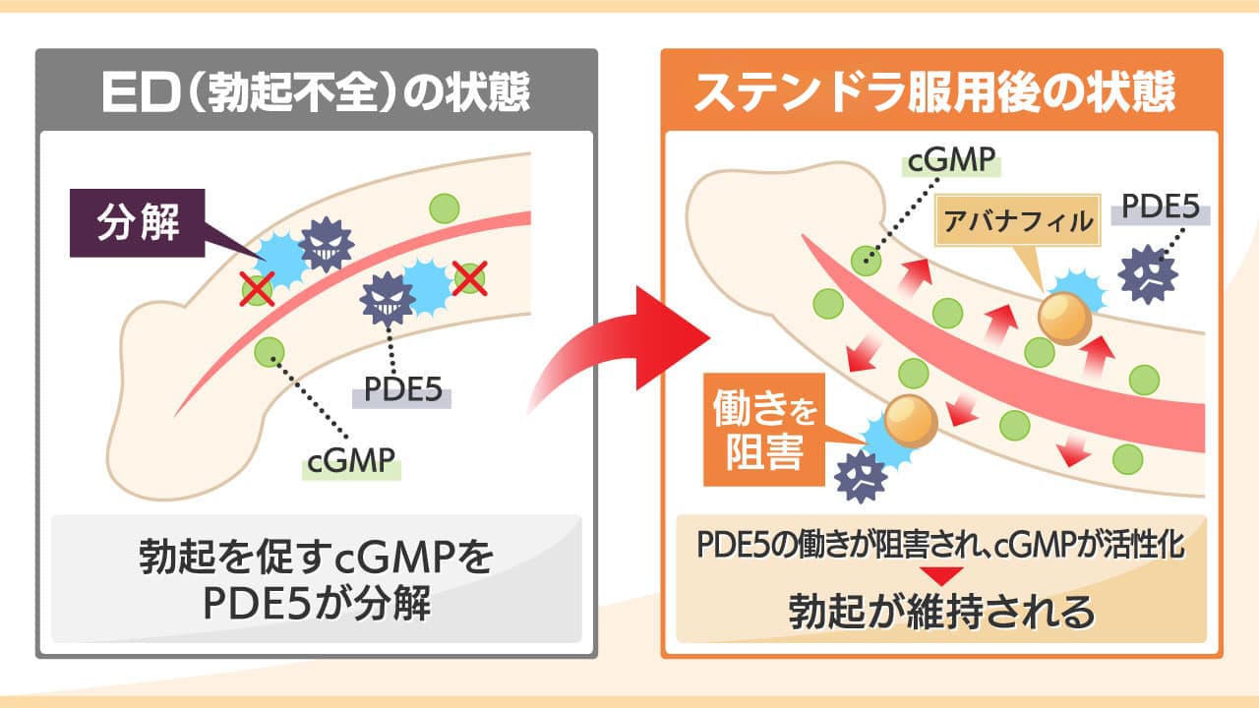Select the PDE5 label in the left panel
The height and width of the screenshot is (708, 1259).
click(402, 390)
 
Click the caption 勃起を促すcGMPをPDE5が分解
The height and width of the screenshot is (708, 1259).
click(316, 580)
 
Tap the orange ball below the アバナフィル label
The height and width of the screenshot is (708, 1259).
click(1064, 318)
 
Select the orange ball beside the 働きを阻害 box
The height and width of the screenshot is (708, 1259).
click(910, 419)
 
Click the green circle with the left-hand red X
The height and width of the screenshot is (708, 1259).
click(258, 289)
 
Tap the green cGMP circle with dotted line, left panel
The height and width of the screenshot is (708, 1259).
click(269, 351)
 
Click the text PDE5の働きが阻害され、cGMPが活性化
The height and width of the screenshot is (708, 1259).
click(941, 546)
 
